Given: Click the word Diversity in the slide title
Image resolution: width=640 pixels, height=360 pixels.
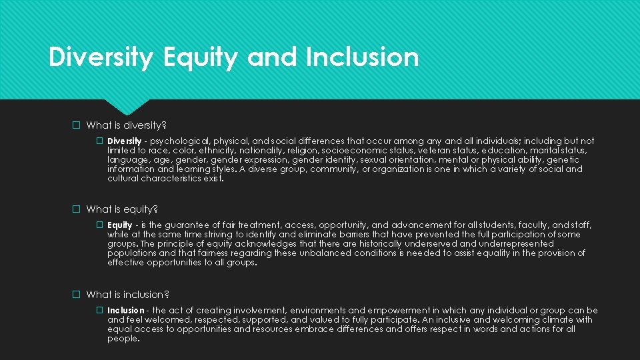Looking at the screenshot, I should coord(101,58).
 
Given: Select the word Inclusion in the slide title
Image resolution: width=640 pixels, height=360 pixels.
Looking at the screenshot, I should coord(362,58).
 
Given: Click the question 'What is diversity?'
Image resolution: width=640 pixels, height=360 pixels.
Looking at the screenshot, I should coord(126,125).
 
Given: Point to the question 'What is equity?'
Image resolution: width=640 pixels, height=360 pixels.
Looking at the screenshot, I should coord(122,209).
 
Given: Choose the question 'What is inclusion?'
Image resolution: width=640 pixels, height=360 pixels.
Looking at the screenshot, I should coord(128,295).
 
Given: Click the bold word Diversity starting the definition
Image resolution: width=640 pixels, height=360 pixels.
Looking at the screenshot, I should coord(124,141).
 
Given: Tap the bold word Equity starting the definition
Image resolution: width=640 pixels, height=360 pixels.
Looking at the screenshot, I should coord(120,225).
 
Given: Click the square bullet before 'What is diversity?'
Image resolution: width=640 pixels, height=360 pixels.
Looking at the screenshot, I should coord(77,125).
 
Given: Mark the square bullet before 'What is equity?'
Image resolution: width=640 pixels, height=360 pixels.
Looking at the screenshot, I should coord(77,209).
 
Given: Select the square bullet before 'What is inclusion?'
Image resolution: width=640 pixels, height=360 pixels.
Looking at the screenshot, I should coord(77,295).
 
